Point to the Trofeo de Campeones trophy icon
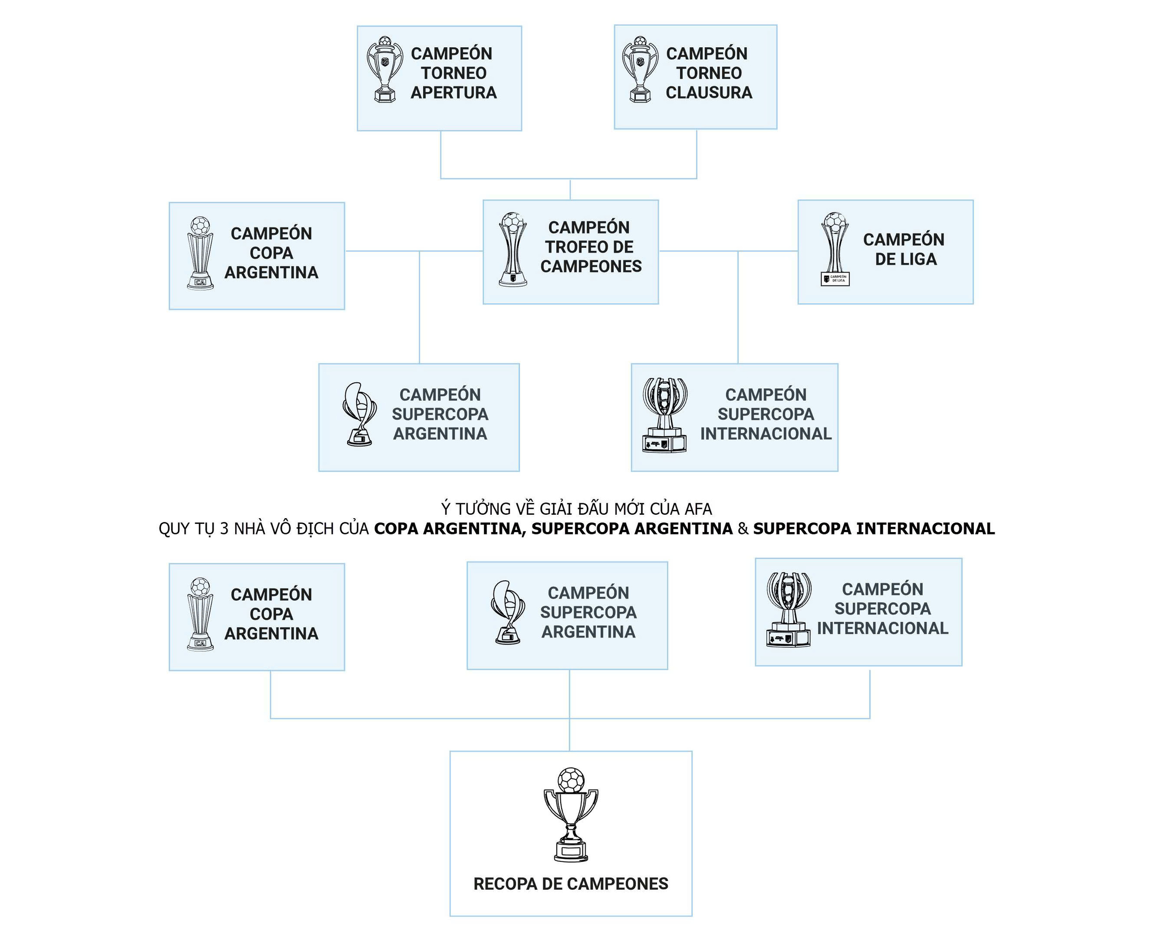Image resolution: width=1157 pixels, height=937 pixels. point(512,249)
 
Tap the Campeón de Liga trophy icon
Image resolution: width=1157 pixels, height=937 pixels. point(834,248)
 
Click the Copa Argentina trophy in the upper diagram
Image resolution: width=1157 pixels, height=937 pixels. point(200,253)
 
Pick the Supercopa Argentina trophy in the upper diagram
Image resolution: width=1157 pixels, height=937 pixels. point(359,415)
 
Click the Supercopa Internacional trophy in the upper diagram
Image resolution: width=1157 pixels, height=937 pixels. point(665,415)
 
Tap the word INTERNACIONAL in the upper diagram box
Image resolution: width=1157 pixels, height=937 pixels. point(766,434)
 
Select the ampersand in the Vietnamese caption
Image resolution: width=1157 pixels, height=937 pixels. point(743,529)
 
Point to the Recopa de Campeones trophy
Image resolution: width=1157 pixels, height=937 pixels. point(571,815)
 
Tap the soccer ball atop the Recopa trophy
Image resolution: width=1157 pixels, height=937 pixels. point(571,780)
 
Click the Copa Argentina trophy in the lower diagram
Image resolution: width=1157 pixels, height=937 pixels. point(200,614)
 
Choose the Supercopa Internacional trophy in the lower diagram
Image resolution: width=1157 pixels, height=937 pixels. point(788,610)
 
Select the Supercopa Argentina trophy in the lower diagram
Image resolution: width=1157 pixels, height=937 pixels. point(508,613)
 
